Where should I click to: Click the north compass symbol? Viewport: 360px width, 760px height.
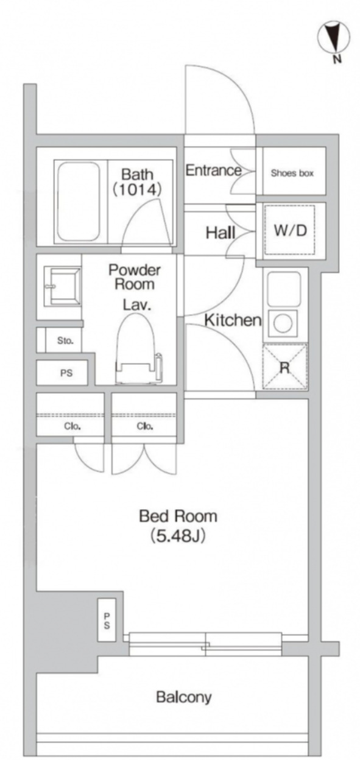coord(334,38)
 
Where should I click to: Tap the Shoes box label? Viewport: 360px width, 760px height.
coord(292,174)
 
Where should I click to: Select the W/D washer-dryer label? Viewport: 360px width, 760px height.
coord(291,230)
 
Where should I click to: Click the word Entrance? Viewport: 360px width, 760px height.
coord(213,170)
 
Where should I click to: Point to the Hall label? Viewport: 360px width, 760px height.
coord(221,233)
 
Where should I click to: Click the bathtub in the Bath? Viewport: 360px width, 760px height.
coord(79,202)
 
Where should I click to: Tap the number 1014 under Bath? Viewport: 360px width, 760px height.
coord(136,189)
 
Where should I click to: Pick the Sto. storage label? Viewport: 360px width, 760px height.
coord(65,340)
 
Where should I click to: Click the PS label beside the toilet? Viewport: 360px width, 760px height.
coord(66,373)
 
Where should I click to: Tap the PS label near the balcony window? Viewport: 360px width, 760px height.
coord(107,621)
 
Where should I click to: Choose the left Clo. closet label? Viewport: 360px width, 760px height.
coord(72,426)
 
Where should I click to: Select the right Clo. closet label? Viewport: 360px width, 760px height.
coord(145,426)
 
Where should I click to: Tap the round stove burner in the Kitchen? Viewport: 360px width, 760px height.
coord(283,323)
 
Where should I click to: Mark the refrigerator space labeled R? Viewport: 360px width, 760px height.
coord(284,367)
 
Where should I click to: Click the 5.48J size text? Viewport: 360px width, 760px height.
coord(178,537)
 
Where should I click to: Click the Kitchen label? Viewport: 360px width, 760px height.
coord(233,320)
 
